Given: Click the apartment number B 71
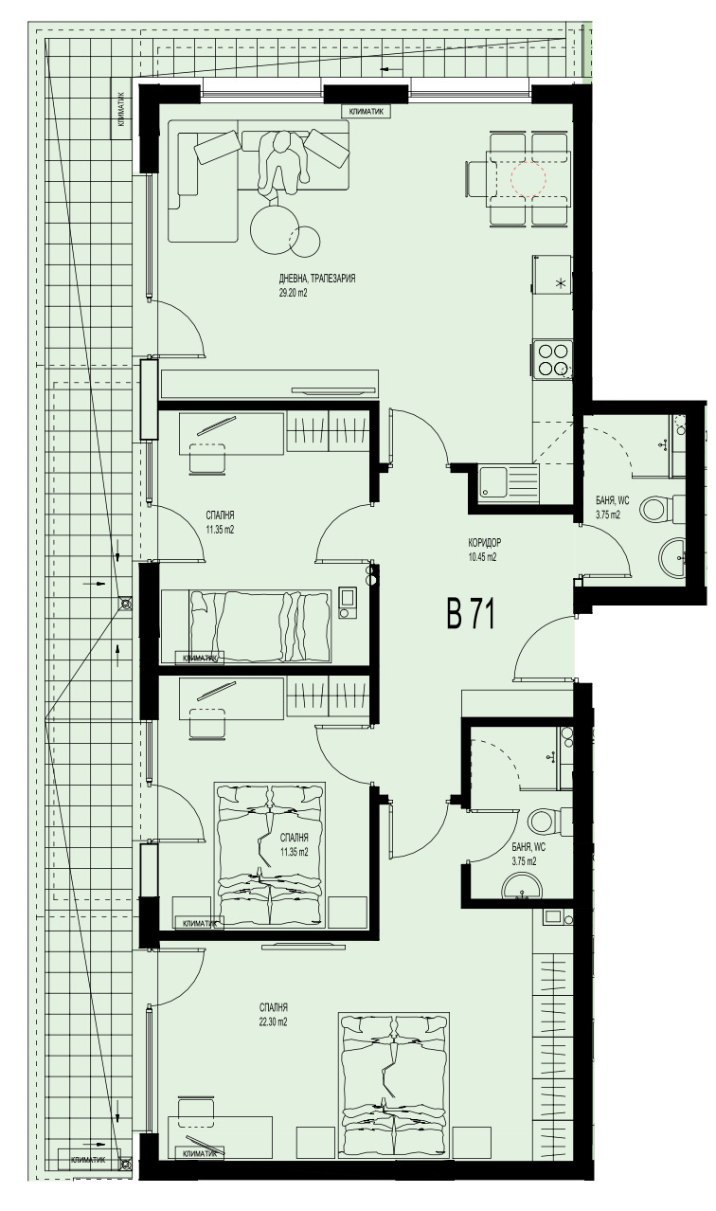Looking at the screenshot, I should (x=471, y=615).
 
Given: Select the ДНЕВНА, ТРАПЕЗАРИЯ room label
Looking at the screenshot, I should (x=316, y=280).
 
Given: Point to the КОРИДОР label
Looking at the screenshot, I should (x=484, y=543).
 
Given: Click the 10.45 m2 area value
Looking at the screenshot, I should (x=482, y=557).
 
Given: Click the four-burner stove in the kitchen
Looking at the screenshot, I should (x=552, y=359).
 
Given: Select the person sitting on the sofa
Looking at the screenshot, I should (x=282, y=161).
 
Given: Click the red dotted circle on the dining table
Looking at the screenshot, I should (x=528, y=177).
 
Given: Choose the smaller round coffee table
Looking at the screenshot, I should (x=308, y=241).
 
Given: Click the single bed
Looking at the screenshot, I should (x=246, y=625).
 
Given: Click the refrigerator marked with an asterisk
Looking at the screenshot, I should (x=553, y=280).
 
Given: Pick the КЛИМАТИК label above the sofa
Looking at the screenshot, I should (x=364, y=111).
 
